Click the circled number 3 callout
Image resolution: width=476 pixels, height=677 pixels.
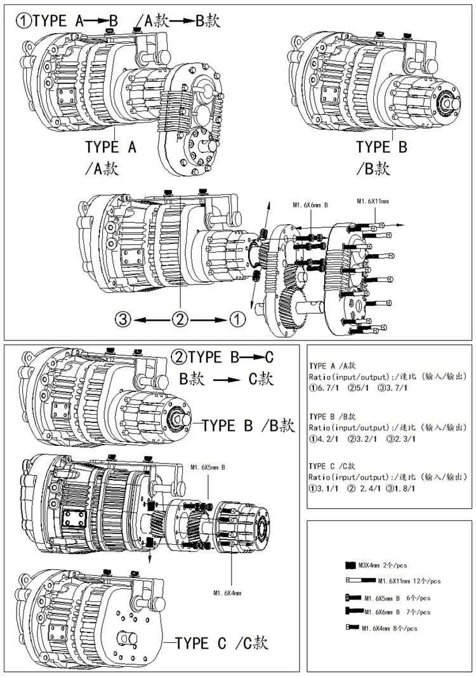coord(124,319)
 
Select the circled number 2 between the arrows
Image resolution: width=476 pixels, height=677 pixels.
coord(181,319)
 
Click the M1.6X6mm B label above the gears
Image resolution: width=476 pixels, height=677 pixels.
coord(310,205)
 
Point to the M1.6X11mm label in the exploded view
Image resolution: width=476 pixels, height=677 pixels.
coord(373,202)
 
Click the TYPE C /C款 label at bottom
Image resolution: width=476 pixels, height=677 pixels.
coord(221,643)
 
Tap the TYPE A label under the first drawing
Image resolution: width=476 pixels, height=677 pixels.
coord(111,147)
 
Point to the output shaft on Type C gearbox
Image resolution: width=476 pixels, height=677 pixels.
coord(122,638)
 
